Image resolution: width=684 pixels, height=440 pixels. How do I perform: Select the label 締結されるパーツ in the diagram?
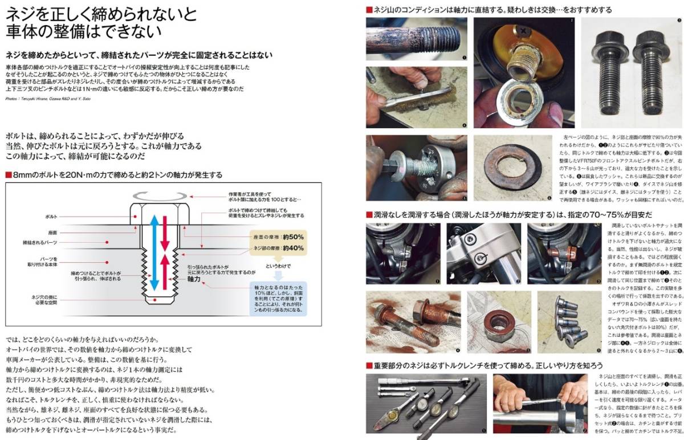pos(40,243)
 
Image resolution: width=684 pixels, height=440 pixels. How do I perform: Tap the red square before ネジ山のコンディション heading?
pos(369,9)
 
